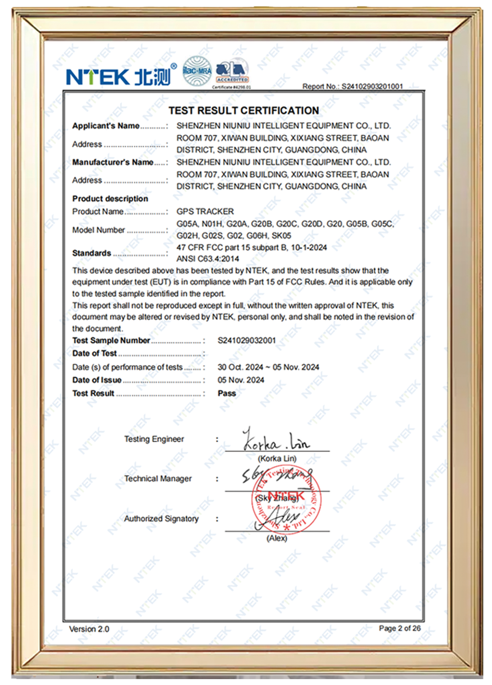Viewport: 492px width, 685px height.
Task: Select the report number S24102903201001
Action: pos(372,86)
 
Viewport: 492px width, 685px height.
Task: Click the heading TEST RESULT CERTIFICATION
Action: pos(244,111)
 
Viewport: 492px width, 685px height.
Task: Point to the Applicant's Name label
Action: pos(106,126)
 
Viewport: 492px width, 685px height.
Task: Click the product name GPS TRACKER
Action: pos(205,212)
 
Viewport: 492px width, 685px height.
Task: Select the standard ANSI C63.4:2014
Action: pos(208,259)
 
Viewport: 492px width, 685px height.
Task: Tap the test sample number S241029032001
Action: pos(246,340)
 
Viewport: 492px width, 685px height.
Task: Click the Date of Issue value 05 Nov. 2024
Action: pos(240,380)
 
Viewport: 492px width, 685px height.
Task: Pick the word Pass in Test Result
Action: pos(226,393)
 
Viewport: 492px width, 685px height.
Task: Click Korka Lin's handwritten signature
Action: pos(275,440)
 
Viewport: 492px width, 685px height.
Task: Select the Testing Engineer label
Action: pos(154,439)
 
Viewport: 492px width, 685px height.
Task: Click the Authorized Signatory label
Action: pos(161,518)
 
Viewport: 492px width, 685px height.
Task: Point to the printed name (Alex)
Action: pos(277,538)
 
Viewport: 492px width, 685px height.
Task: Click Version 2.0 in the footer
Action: pos(89,629)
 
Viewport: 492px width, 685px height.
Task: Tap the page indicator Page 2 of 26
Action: pos(399,628)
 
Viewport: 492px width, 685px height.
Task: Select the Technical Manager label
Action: pos(158,478)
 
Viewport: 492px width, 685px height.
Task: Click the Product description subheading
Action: pos(110,199)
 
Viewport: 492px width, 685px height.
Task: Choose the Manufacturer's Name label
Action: pos(113,162)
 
